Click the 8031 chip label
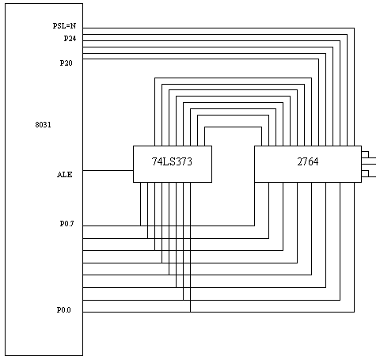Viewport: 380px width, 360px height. (x=43, y=124)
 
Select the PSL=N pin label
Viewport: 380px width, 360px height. (x=64, y=26)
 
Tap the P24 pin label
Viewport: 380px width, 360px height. (x=70, y=39)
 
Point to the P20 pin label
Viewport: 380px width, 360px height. (x=66, y=63)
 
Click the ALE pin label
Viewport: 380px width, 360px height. (x=65, y=175)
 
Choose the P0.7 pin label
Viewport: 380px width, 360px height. (x=66, y=224)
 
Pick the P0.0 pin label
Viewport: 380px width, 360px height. (x=64, y=309)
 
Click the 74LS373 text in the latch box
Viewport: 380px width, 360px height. (x=172, y=161)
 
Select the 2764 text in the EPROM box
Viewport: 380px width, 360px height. (x=308, y=161)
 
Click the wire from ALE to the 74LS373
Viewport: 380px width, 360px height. (x=108, y=170)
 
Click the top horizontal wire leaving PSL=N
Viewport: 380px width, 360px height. (x=218, y=28)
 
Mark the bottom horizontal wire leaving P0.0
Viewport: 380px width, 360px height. (x=218, y=312)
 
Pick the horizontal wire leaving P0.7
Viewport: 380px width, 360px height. (x=169, y=225)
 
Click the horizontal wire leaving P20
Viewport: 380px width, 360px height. (x=200, y=59)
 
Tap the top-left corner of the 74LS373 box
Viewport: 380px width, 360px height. (x=133, y=146)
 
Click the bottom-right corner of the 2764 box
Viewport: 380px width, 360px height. (x=361, y=182)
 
